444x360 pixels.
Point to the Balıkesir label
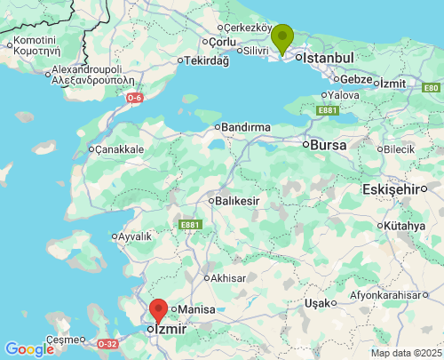(x=237, y=201)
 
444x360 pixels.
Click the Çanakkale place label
(x=119, y=149)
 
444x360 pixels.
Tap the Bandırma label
(x=245, y=128)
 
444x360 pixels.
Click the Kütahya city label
(x=405, y=225)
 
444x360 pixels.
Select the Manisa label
(x=196, y=309)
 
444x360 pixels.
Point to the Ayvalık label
(x=134, y=236)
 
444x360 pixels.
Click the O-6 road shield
(x=134, y=97)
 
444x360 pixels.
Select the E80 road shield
(x=431, y=87)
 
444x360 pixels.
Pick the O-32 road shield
(x=107, y=344)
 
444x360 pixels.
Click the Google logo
(x=29, y=349)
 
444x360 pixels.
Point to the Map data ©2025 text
(x=405, y=353)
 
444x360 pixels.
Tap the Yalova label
(x=343, y=95)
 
